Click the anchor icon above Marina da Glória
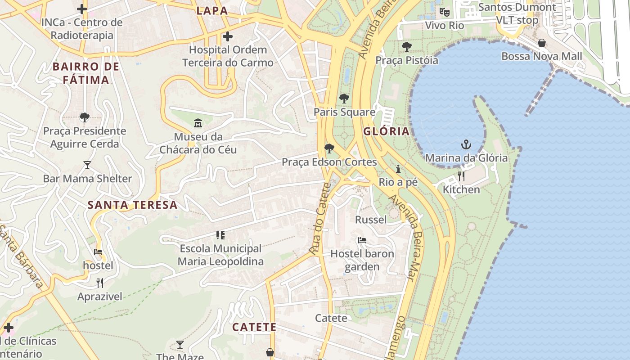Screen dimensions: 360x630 466,144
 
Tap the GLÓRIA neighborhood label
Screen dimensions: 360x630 387,131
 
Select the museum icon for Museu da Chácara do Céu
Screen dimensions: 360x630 198,123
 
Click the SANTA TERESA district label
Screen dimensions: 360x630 132,205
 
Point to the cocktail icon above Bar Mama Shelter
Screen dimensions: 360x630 87,165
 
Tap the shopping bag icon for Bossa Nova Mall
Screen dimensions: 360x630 542,43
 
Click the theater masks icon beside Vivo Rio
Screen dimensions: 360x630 445,12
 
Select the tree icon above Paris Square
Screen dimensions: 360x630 344,98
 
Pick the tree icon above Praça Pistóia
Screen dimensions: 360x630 407,46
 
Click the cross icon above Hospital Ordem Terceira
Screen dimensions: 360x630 228,36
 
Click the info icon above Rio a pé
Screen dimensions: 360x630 398,169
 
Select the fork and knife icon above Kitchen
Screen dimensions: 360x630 461,176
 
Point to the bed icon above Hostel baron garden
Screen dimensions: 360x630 362,240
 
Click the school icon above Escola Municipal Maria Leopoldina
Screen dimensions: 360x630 220,235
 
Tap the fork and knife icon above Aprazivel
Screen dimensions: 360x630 100,283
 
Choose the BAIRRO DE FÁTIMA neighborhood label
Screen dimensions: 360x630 86,73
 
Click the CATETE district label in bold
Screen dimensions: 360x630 254,327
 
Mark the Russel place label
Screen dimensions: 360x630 371,220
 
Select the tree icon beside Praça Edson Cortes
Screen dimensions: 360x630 329,148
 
